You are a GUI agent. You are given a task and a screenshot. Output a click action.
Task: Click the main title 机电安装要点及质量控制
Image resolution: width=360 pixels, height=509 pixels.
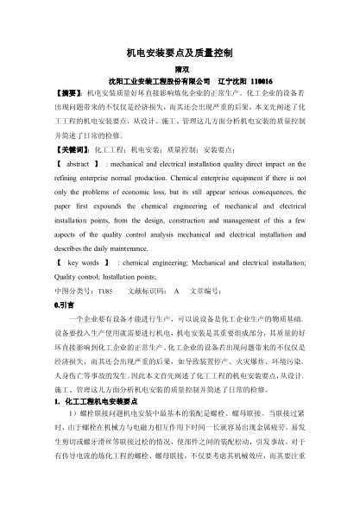[180, 53]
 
